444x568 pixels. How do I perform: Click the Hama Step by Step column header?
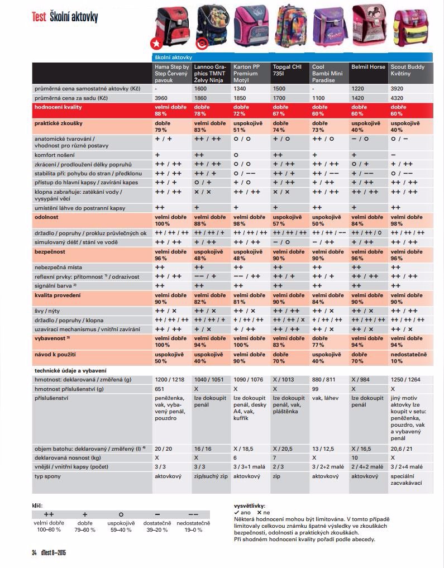pyautogui.click(x=171, y=73)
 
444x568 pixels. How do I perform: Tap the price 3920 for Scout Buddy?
pyautogui.click(x=398, y=89)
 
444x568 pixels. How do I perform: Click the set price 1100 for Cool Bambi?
pyautogui.click(x=319, y=98)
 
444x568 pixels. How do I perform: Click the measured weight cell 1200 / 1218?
pyautogui.click(x=169, y=379)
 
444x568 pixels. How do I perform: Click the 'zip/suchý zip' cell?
pyautogui.click(x=211, y=476)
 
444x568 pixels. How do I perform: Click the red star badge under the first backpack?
pyautogui.click(x=156, y=43)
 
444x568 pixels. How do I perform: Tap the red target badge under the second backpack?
pyautogui.click(x=202, y=43)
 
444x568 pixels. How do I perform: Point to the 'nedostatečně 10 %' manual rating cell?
pyautogui.click(x=409, y=357)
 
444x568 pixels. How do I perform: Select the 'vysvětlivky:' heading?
pyautogui.click(x=250, y=505)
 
